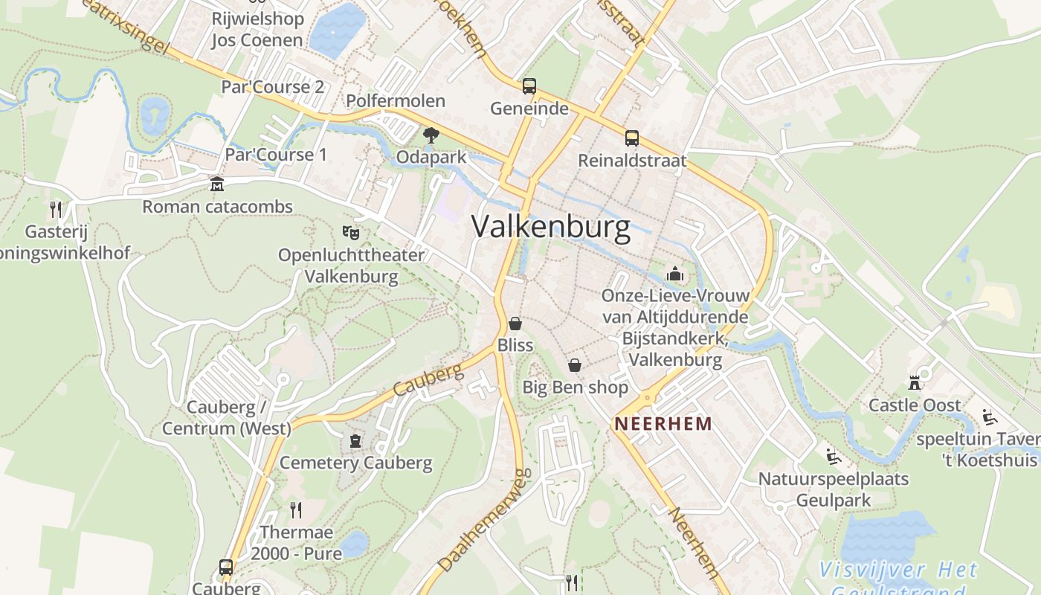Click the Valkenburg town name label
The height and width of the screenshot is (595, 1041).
pyautogui.click(x=551, y=227)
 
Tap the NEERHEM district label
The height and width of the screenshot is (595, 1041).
pyautogui.click(x=663, y=424)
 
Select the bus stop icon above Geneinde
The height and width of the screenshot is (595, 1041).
pyautogui.click(x=529, y=86)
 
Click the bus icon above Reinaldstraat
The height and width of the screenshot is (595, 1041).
pyautogui.click(x=632, y=138)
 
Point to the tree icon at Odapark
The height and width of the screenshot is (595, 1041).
pyautogui.click(x=431, y=135)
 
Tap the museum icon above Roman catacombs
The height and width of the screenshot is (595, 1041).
pyautogui.click(x=216, y=184)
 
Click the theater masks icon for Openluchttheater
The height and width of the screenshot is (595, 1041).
pyautogui.click(x=351, y=233)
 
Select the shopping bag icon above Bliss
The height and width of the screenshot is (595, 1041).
pyautogui.click(x=515, y=324)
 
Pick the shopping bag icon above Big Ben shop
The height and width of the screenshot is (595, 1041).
pyautogui.click(x=575, y=365)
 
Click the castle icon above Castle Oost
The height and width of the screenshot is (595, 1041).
pyautogui.click(x=915, y=383)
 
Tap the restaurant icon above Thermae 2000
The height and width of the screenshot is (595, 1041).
pyautogui.click(x=296, y=509)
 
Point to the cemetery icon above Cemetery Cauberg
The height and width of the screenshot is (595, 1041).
pyautogui.click(x=355, y=441)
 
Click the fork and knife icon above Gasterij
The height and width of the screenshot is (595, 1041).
pyautogui.click(x=56, y=209)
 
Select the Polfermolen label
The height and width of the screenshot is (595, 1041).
pyautogui.click(x=396, y=101)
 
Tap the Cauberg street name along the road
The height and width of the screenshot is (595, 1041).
pyautogui.click(x=428, y=381)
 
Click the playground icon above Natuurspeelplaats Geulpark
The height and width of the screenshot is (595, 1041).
pyautogui.click(x=834, y=456)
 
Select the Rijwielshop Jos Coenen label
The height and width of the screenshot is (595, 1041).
pyautogui.click(x=257, y=30)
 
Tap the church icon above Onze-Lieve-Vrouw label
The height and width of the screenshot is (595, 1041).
pyautogui.click(x=675, y=274)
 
